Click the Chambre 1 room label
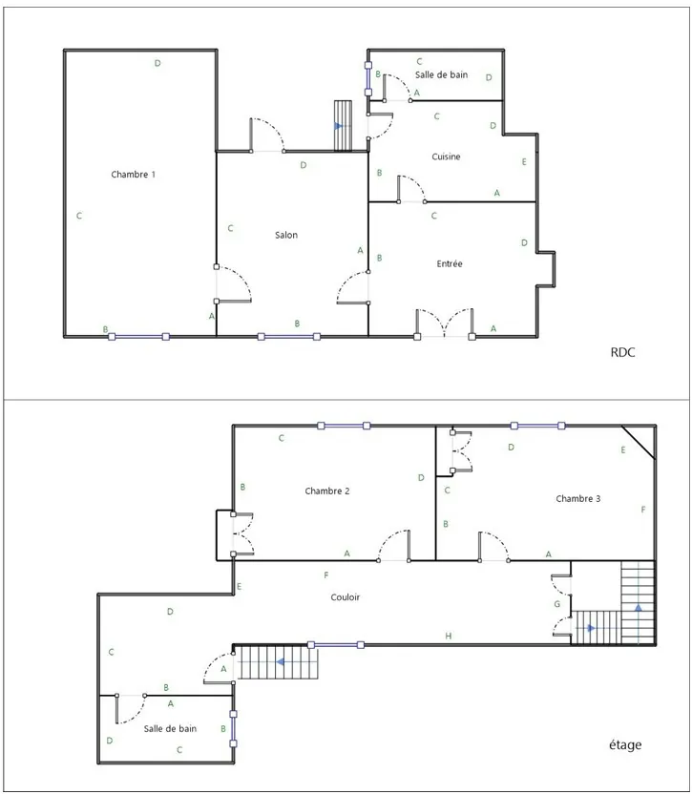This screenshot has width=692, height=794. tap(133, 175)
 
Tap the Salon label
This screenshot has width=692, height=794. tap(286, 235)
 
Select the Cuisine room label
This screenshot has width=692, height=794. tap(446, 157)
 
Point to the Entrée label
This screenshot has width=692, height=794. tap(450, 263)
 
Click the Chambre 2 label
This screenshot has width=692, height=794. tap(326, 491)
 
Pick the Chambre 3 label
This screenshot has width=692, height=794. tap(577, 498)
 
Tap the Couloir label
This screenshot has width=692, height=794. tap(346, 597)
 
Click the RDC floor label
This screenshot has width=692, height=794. tap(622, 352)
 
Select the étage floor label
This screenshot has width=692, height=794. tap(624, 744)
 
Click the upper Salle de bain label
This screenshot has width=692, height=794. tap(441, 74)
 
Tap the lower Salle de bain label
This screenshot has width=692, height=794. tap(170, 728)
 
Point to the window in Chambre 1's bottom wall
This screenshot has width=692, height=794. tap(138, 336)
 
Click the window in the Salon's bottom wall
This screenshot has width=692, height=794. tap(288, 336)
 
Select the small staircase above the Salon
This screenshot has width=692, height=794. tap(344, 125)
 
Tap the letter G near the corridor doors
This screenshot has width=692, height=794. tap(557, 604)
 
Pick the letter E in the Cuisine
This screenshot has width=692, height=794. tap(524, 162)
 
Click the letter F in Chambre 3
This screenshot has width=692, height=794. tap(643, 510)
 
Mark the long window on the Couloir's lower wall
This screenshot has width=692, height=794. tap(335, 644)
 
